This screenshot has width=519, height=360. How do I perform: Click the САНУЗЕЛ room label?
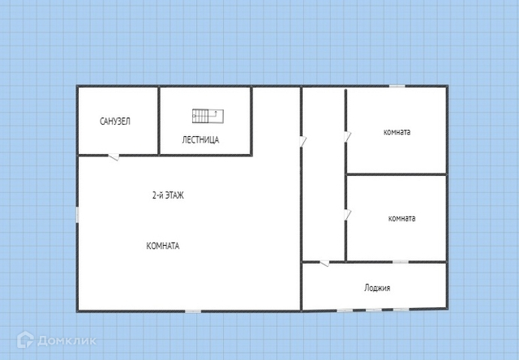(x=115, y=121)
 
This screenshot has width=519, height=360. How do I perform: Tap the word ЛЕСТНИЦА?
(x=201, y=140)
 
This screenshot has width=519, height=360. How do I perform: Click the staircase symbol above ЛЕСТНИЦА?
(x=208, y=116)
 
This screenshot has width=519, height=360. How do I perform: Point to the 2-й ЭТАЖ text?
(x=167, y=195)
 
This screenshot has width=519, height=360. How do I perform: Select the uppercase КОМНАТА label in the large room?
(x=163, y=246)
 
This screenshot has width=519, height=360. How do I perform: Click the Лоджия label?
(x=377, y=288)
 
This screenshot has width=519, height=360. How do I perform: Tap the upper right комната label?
(x=397, y=132)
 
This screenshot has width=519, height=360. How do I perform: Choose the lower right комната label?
(x=402, y=219)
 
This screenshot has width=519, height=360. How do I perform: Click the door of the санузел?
(x=114, y=156)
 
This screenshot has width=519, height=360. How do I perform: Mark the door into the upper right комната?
(x=348, y=137)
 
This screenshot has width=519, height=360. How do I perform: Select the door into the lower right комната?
(x=348, y=215)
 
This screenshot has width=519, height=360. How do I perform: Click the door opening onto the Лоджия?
(x=324, y=263)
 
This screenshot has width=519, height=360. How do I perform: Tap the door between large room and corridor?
(x=303, y=141)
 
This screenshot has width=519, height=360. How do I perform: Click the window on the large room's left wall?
(x=77, y=215)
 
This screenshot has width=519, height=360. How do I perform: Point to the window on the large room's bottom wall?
(x=192, y=311)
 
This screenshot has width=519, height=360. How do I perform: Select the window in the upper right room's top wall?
(x=397, y=86)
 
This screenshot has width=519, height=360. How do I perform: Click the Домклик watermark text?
(x=67, y=340)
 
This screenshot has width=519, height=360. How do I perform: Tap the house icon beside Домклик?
(x=26, y=340)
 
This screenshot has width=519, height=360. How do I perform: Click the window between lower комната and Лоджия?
(x=400, y=262)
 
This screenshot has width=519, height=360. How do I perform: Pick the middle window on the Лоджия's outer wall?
(x=374, y=310)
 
